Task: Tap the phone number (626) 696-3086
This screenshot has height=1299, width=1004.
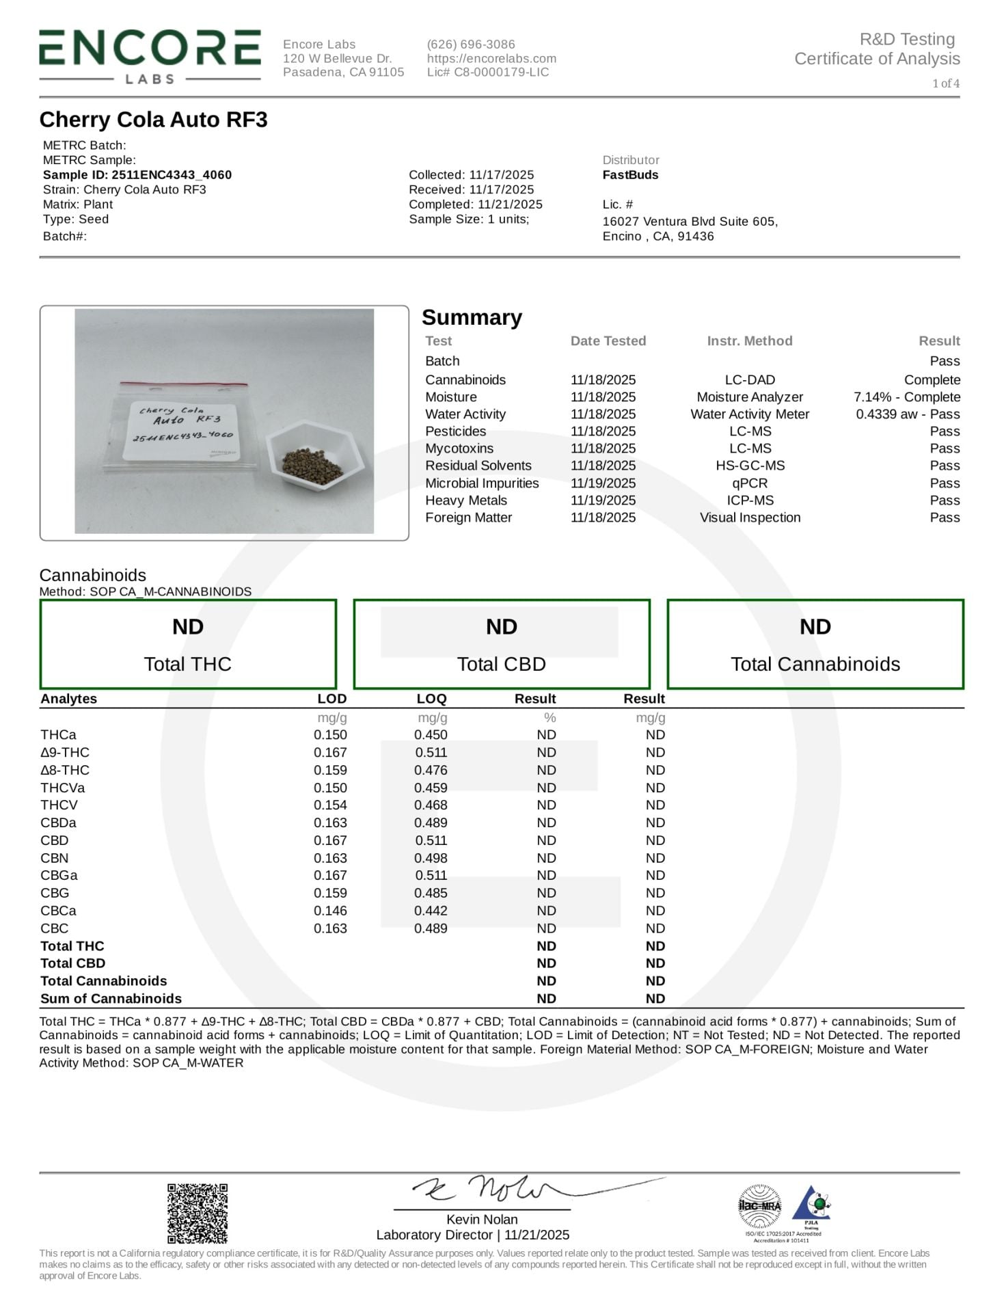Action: pyautogui.click(x=471, y=44)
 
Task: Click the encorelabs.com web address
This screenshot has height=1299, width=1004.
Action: pyautogui.click(x=491, y=59)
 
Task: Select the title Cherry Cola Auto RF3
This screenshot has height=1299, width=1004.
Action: pyautogui.click(x=153, y=120)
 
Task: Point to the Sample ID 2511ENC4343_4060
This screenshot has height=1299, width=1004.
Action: pyautogui.click(x=137, y=175)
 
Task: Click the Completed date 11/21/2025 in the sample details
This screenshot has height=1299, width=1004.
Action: pyautogui.click(x=476, y=204)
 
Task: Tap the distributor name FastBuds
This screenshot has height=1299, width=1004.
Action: pyautogui.click(x=630, y=175)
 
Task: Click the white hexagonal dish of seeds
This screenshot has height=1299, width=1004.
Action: pyautogui.click(x=314, y=461)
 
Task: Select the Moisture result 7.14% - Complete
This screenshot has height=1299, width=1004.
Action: pyautogui.click(x=906, y=397)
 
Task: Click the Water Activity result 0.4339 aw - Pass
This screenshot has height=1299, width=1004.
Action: pyautogui.click(x=907, y=414)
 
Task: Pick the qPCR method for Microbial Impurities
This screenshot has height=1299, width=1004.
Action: pyautogui.click(x=750, y=483)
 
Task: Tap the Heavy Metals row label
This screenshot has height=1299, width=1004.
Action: pyautogui.click(x=466, y=500)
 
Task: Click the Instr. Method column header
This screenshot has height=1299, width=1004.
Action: pyautogui.click(x=750, y=341)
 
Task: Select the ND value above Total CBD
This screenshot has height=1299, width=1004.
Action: pyautogui.click(x=501, y=627)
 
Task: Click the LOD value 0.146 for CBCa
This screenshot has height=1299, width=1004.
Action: pyautogui.click(x=330, y=911)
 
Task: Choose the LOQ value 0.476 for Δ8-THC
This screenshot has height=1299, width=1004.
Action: pyautogui.click(x=431, y=770)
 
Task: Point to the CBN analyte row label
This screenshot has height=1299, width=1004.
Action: pyautogui.click(x=55, y=858)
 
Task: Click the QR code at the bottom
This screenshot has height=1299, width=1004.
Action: pyautogui.click(x=198, y=1214)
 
